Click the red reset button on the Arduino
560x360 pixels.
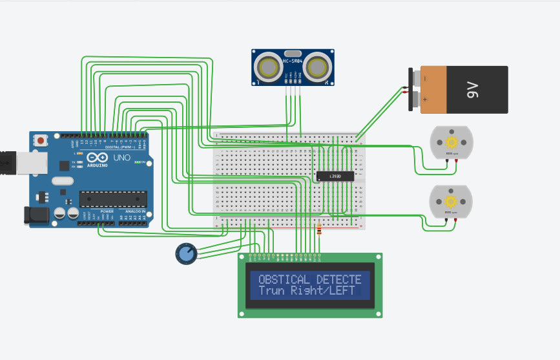pos(41,140)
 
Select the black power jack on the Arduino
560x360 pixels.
pos(34,215)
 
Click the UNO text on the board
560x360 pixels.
pos(121,158)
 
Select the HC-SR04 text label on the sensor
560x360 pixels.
pos(292,61)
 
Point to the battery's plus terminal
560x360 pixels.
pos(409,100)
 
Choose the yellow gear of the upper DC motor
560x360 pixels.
pos(451,142)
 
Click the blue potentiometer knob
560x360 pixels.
pos(186,254)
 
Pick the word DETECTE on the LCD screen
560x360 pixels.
pos(338,280)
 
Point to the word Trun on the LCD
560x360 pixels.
pos(271,291)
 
